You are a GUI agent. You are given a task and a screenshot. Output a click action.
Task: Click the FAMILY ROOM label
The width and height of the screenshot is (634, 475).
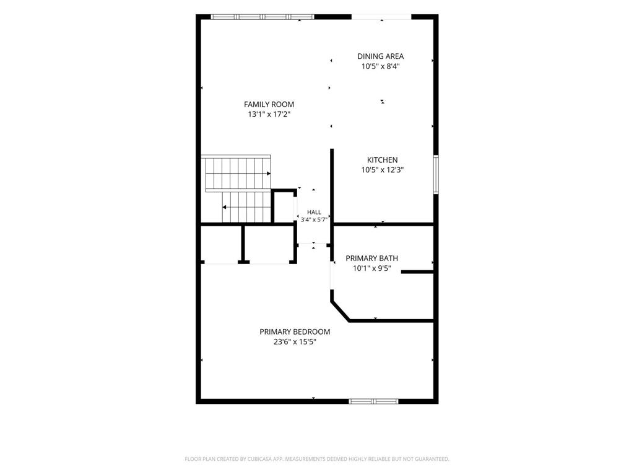[x=269, y=104]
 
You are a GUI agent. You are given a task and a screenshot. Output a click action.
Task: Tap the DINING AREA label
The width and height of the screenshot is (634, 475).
[x=381, y=56]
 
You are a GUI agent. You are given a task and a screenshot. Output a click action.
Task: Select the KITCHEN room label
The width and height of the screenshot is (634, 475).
[x=382, y=160]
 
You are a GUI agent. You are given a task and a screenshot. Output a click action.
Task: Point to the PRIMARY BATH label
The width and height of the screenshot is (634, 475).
[x=371, y=258]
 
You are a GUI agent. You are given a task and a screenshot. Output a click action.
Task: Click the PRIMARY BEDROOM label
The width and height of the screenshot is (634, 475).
[x=295, y=332]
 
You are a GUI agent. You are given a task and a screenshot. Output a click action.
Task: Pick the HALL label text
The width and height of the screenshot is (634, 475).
[x=314, y=212]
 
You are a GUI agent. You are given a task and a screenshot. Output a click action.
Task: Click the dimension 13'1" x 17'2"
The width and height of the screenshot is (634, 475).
[x=269, y=114]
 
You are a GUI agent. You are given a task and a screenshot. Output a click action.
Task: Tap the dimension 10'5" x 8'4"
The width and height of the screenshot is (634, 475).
[x=381, y=66]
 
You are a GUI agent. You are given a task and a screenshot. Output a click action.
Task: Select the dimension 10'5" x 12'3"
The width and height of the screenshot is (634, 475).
[x=382, y=170]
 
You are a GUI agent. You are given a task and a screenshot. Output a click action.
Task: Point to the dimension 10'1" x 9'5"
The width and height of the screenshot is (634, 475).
[x=371, y=268]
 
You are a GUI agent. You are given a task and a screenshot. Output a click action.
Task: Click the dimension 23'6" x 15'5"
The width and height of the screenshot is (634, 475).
[x=295, y=341]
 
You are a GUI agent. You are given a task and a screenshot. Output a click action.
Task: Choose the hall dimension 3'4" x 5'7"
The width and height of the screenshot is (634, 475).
[x=314, y=220]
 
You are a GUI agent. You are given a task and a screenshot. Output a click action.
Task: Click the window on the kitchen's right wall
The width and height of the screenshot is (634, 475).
[x=436, y=174]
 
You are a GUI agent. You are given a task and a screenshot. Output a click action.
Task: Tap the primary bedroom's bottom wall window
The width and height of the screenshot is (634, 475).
[x=373, y=401]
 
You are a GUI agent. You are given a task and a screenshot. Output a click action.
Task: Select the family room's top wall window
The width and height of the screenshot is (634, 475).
[x=263, y=17]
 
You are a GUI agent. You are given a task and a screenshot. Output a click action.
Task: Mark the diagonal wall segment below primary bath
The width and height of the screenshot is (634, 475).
[x=340, y=310]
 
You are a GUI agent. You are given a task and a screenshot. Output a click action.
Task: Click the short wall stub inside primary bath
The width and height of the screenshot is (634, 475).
[x=417, y=272]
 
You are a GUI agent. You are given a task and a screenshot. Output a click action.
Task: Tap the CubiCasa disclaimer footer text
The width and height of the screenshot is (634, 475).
[x=317, y=459]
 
